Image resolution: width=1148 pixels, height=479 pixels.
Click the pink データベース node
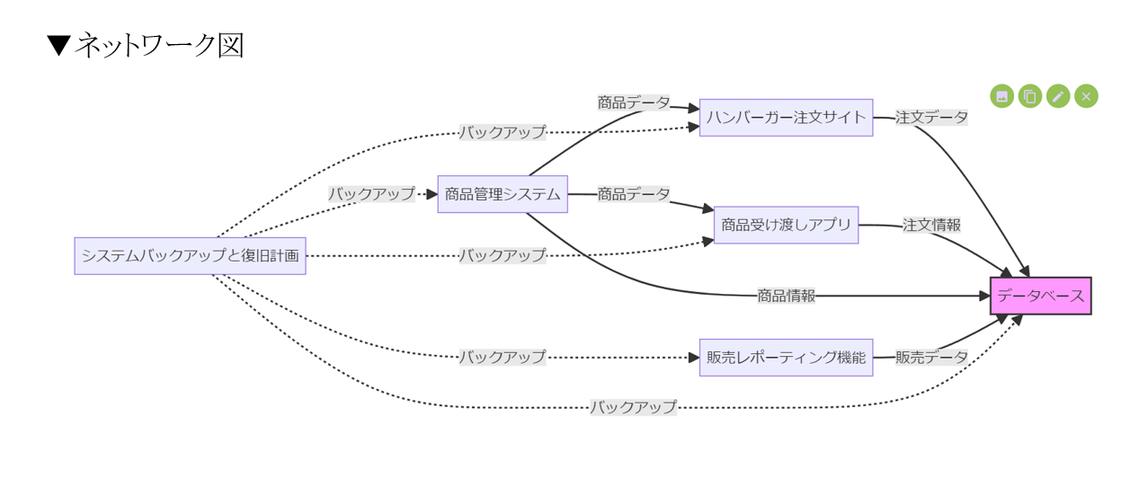[x=1040, y=296]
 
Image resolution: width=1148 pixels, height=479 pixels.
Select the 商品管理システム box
[x=503, y=194]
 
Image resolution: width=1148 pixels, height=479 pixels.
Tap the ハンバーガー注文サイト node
[x=786, y=118]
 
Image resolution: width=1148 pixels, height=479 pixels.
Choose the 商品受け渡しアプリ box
[x=786, y=225]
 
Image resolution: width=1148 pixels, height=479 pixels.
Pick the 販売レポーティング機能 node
[x=786, y=358]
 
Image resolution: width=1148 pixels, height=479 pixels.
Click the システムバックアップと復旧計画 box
[x=190, y=255]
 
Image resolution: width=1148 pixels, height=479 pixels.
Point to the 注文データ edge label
[x=931, y=118]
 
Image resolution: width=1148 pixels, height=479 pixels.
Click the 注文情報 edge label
[x=931, y=225]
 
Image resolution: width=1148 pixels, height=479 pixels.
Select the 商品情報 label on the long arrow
[x=786, y=296]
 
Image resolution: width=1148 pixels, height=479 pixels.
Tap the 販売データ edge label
[x=931, y=358]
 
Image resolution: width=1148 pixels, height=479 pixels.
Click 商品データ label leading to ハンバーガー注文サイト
[x=634, y=103]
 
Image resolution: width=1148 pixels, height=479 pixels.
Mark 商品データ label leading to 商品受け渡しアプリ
[x=634, y=194]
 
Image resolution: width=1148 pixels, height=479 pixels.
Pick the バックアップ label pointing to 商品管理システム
[x=371, y=194]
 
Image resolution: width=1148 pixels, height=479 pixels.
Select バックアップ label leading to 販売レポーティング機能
[x=503, y=358]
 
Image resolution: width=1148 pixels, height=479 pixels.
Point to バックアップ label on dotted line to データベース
[x=633, y=407]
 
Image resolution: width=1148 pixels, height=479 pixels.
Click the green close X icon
[x=1086, y=96]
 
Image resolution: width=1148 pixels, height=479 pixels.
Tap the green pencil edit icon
[x=1058, y=96]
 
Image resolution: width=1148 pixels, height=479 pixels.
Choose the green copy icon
[x=1030, y=96]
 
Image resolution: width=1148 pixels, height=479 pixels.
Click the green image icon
[x=1002, y=96]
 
